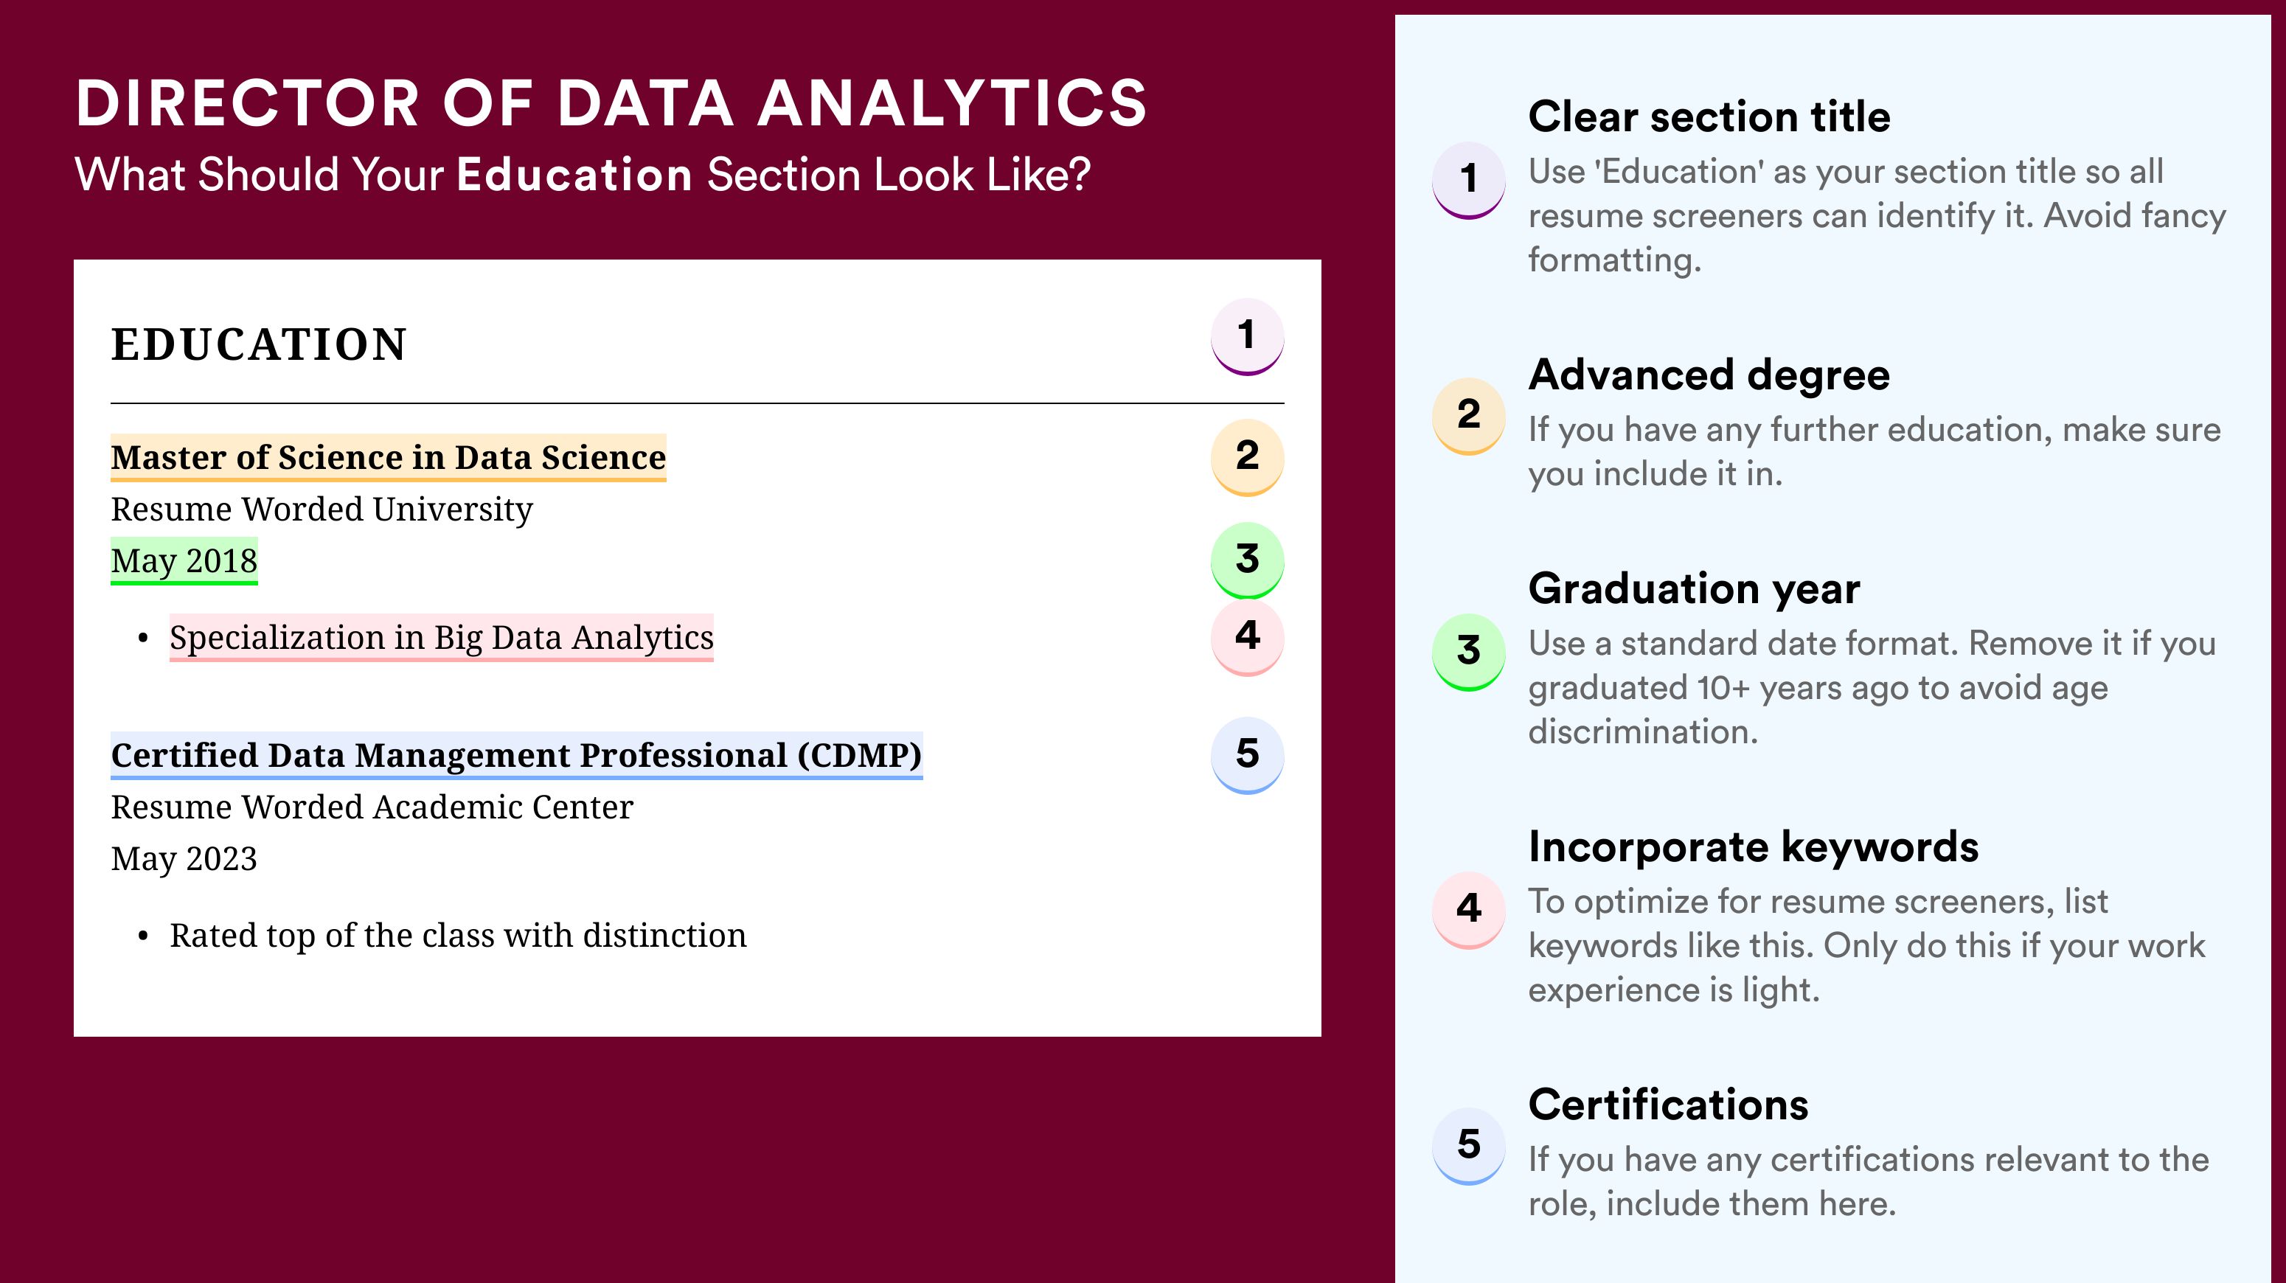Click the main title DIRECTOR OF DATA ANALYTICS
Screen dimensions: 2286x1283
click(x=611, y=103)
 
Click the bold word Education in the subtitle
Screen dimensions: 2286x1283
click(x=574, y=174)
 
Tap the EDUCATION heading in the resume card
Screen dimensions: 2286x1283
click(x=258, y=344)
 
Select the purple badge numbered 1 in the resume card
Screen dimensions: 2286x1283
click(x=1247, y=336)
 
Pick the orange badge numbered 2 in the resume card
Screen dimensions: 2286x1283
click(x=1247, y=457)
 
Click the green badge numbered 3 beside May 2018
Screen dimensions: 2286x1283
click(x=1247, y=560)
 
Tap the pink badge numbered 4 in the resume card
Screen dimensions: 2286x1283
click(x=1247, y=637)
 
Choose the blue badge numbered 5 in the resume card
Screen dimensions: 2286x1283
click(x=1247, y=755)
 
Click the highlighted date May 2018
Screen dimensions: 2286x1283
click(x=184, y=560)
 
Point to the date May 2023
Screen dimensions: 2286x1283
click(x=184, y=859)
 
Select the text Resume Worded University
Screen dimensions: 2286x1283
click(x=322, y=510)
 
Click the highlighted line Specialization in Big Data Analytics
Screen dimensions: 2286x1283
click(x=441, y=637)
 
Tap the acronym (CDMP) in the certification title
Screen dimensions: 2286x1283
click(x=860, y=755)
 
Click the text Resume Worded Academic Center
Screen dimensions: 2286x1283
click(x=372, y=807)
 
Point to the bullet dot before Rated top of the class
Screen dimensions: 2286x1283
click(x=143, y=937)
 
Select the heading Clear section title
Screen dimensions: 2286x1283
click(x=1709, y=117)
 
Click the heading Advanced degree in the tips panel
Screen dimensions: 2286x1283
click(x=1709, y=375)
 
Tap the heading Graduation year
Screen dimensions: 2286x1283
click(x=1694, y=588)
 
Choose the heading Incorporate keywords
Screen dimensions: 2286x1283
click(x=1754, y=846)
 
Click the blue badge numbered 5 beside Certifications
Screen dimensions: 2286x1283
click(x=1469, y=1145)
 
